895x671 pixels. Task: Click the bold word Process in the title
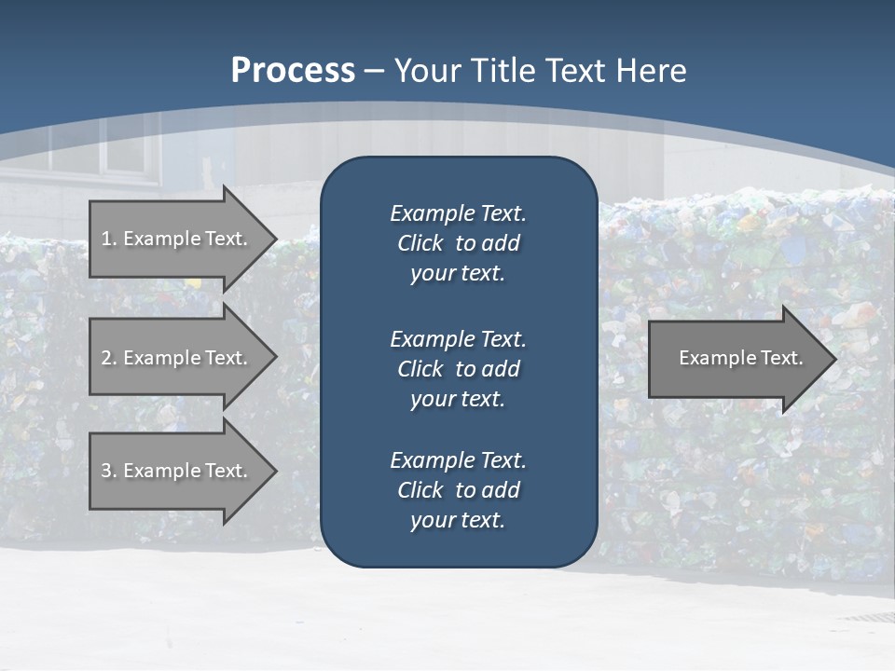click(x=293, y=70)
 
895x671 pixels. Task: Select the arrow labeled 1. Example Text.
click(x=177, y=239)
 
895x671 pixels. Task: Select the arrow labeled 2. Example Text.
click(x=177, y=358)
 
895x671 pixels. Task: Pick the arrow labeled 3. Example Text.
click(x=177, y=471)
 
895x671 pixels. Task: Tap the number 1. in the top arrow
click(x=108, y=239)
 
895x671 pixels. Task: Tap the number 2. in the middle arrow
click(x=108, y=358)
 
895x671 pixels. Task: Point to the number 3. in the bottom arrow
click(x=108, y=471)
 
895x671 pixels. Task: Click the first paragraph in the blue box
click(x=458, y=243)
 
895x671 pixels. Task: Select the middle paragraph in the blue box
click(x=458, y=368)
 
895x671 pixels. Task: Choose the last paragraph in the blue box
click(x=458, y=489)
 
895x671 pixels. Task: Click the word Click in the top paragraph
click(x=420, y=243)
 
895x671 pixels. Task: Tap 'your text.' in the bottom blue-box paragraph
click(x=458, y=520)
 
